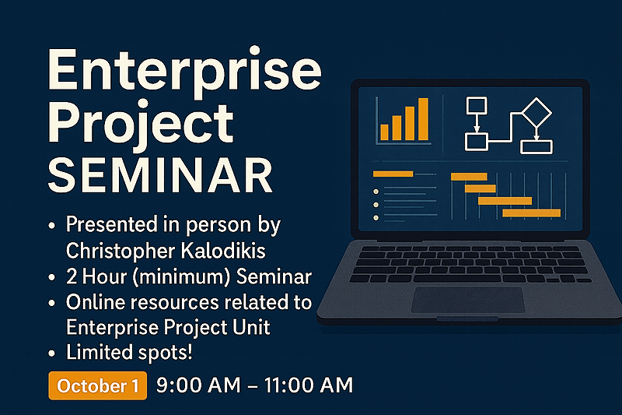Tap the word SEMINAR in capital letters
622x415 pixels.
160,175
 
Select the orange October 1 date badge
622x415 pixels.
98,385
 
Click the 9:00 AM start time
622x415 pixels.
198,385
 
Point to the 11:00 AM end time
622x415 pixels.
308,385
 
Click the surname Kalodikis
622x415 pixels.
223,251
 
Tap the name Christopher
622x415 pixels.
121,251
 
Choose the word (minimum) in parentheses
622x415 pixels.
182,277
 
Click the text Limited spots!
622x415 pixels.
129,353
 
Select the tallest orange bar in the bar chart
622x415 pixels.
423,119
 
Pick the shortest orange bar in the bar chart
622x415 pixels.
384,132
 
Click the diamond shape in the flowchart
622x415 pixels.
536,112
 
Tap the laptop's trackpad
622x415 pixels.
468,300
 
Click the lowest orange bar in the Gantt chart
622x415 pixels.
532,213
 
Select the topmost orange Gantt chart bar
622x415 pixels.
469,177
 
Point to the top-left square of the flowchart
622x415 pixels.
477,105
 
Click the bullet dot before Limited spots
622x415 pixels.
51,353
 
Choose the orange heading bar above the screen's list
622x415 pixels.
393,174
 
